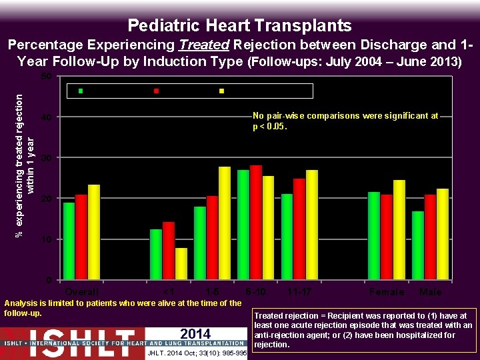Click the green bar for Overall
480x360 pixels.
69,241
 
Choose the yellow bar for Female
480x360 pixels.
399,229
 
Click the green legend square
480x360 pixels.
81,91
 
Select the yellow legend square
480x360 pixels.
222,91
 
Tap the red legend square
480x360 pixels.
156,91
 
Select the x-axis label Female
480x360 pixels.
387,292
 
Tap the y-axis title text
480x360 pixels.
24,165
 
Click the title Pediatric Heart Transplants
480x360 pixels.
239,25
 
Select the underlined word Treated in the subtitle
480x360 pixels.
204,45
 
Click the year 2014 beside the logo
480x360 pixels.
195,334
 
